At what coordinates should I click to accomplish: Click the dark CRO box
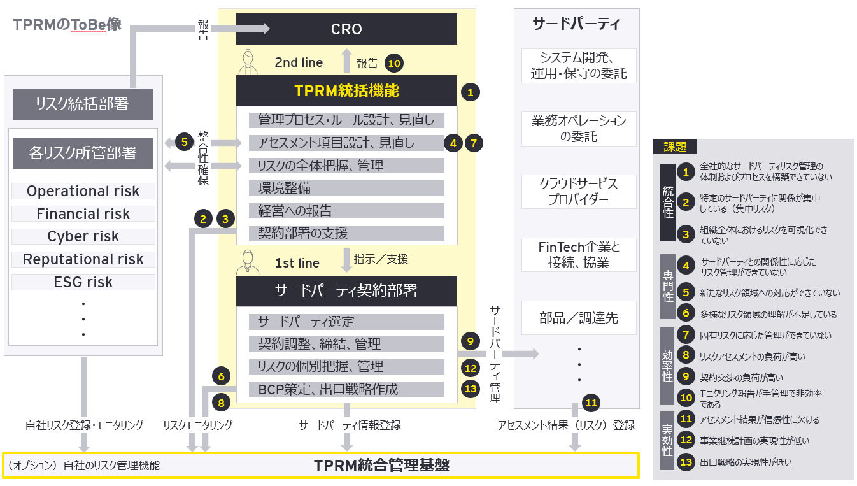tap(346, 29)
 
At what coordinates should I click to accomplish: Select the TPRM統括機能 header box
tap(346, 90)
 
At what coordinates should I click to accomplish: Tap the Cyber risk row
tap(83, 236)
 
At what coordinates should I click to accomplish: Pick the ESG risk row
tap(83, 282)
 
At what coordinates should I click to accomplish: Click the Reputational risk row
tap(83, 259)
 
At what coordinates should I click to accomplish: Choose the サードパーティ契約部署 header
tap(346, 290)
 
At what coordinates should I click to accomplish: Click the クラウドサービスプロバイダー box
tap(579, 191)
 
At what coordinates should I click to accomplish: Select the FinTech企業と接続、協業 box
tap(579, 254)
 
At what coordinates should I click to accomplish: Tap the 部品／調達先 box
tap(579, 318)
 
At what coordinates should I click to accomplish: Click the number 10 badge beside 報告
tap(395, 63)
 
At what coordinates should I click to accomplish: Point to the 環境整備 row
tap(346, 189)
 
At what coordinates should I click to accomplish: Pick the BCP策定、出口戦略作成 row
tap(346, 389)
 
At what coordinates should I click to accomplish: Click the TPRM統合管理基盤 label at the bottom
tap(381, 466)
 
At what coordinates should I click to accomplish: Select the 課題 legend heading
tap(675, 147)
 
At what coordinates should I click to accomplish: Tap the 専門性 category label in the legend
tap(667, 287)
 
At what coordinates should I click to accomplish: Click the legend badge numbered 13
tap(686, 462)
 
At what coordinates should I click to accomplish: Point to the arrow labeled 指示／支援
tap(347, 259)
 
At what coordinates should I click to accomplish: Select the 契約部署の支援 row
tap(346, 233)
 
